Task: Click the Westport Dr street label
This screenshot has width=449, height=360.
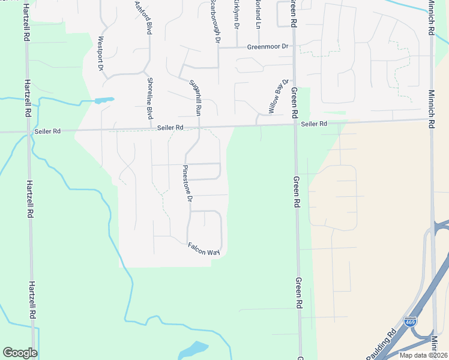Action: (101, 54)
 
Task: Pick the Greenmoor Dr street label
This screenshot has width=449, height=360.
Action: (268, 46)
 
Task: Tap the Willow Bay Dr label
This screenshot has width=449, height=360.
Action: (279, 96)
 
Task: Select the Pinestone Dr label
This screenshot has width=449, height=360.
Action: (187, 182)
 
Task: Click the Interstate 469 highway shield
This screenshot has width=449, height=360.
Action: (411, 322)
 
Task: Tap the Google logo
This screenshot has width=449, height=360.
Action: (20, 352)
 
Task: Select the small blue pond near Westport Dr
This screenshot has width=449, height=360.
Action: (104, 100)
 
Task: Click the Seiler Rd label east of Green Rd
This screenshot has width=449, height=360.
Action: (314, 124)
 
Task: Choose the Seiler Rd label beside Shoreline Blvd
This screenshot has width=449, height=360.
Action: (170, 128)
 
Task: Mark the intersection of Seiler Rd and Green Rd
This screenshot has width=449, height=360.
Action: (295, 125)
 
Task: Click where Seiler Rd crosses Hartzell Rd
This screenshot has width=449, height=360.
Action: (27, 131)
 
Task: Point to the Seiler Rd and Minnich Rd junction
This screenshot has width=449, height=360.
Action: (431, 119)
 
